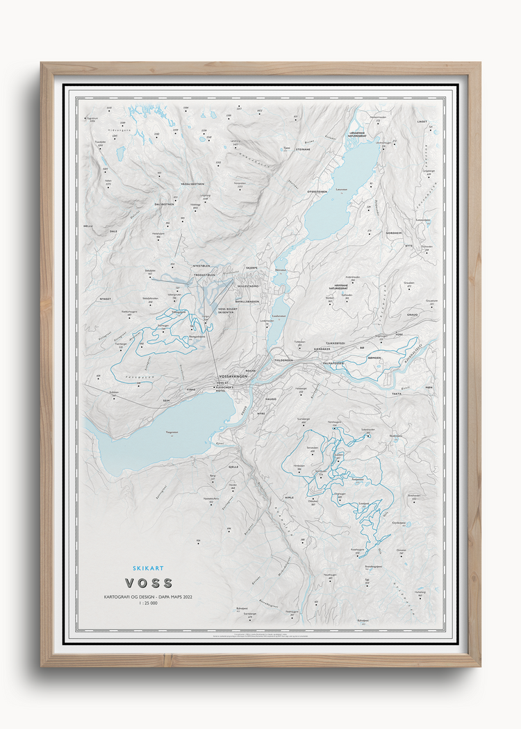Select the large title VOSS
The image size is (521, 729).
pyautogui.click(x=149, y=583)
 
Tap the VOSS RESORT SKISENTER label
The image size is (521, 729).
pyautogui.click(x=227, y=310)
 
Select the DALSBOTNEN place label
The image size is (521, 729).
pyautogui.click(x=164, y=205)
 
